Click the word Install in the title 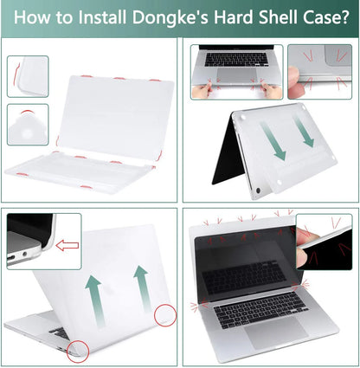(x=102, y=17)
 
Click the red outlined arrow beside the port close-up (x=67, y=245)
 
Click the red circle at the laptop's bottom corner (x=78, y=352)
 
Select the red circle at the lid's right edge (x=165, y=315)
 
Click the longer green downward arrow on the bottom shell (x=273, y=141)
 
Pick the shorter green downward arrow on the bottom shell (x=303, y=132)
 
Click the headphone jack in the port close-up (x=24, y=254)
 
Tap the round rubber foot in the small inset (x=28, y=133)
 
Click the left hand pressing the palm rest (x=202, y=90)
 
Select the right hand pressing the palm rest (x=272, y=91)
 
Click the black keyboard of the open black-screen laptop (x=260, y=310)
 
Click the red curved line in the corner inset (x=16, y=74)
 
